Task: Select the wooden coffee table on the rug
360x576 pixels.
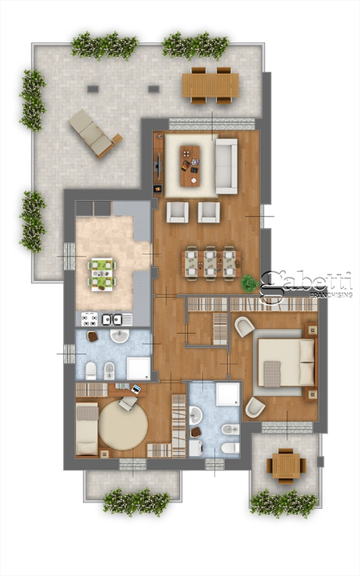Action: pyautogui.click(x=190, y=164)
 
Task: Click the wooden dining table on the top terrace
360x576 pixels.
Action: pyautogui.click(x=210, y=84)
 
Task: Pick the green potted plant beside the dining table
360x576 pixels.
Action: pyautogui.click(x=250, y=282)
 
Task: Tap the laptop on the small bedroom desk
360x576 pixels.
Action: pyautogui.click(x=135, y=390)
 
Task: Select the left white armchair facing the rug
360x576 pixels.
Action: pyautogui.click(x=178, y=212)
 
